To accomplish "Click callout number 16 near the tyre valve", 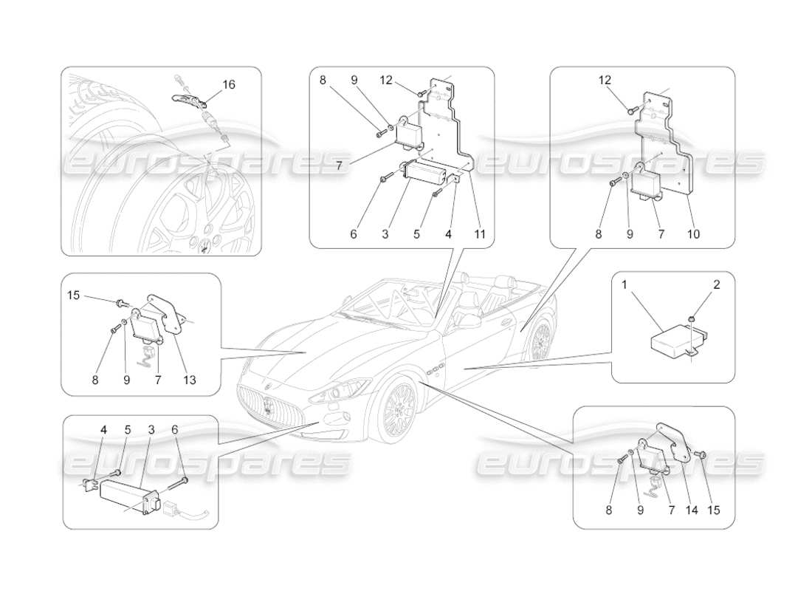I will tap(229, 85).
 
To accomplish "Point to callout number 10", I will tap(693, 234).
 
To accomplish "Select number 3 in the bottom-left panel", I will tap(151, 428).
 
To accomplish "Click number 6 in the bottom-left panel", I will tap(174, 428).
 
